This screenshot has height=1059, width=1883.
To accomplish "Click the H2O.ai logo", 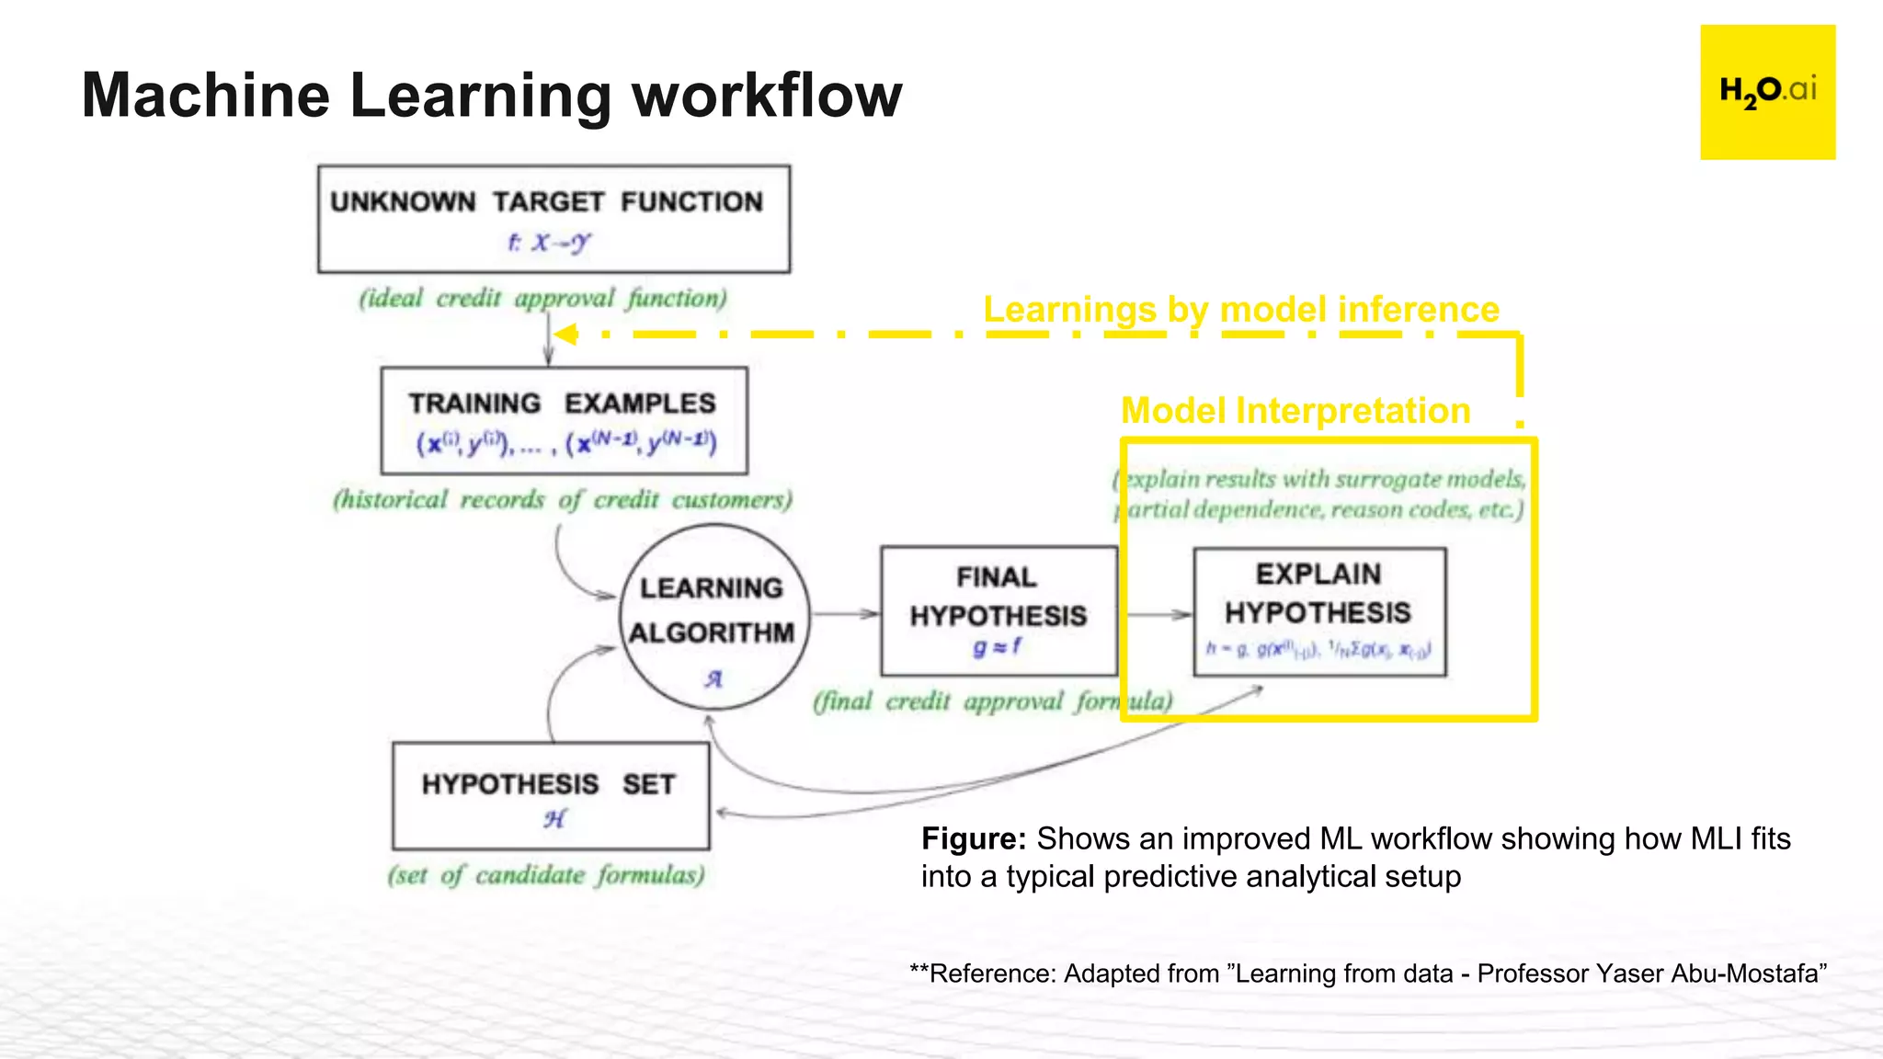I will (x=1767, y=92).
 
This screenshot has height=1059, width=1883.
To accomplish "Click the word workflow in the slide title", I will (x=767, y=96).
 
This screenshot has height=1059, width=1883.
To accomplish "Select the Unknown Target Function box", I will (x=553, y=219).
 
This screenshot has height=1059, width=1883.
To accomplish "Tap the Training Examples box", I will (x=564, y=421).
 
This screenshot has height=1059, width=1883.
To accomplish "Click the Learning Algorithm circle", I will (x=714, y=616).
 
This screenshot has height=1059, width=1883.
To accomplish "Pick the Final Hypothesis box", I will (x=999, y=610).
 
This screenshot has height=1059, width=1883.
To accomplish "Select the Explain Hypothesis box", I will (x=1319, y=611).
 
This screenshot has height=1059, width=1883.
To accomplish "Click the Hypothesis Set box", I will (x=550, y=796).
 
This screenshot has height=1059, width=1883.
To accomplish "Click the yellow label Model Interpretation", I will (x=1295, y=411).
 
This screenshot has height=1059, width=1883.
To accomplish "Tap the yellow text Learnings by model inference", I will (x=1241, y=310).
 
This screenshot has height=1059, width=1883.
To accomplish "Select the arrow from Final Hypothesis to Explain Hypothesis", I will (x=1157, y=614).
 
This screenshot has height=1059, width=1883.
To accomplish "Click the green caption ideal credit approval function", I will (x=542, y=299).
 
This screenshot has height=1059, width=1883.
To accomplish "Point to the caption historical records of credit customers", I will (x=562, y=500).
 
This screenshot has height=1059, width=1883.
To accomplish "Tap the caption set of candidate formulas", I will (x=546, y=875).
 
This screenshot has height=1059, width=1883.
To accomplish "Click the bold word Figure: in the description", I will (x=973, y=839).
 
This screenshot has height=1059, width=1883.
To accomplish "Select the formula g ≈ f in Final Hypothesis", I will (x=997, y=647).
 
